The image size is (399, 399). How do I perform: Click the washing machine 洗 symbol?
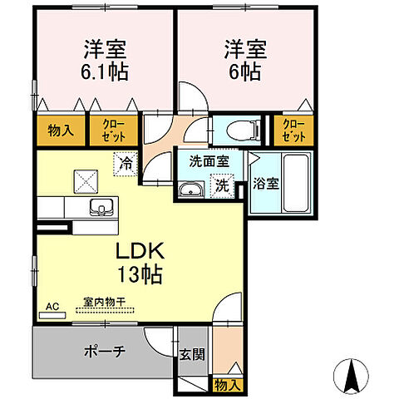[x=222, y=186]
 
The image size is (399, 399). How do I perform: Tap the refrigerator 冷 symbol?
[x=125, y=163]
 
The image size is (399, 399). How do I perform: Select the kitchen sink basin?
[x=103, y=207]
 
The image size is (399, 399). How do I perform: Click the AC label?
[x=52, y=306]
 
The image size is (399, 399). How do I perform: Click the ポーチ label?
[x=105, y=352]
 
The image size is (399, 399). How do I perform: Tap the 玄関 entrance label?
[x=191, y=353]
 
